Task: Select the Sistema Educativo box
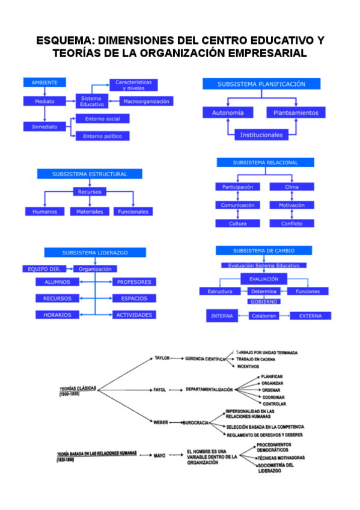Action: (92, 101)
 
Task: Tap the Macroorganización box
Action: (147, 101)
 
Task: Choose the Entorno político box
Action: (103, 136)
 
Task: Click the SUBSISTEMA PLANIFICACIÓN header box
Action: (261, 85)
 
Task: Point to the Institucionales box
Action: (261, 135)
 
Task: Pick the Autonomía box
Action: (228, 112)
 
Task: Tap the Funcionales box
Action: (134, 212)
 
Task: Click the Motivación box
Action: (291, 205)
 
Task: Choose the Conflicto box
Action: (291, 224)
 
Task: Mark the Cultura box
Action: (237, 224)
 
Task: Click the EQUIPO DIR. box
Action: (40, 269)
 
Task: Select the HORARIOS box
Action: (57, 315)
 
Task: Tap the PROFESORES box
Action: (133, 281)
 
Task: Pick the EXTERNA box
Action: (310, 316)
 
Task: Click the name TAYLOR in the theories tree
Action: (162, 358)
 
